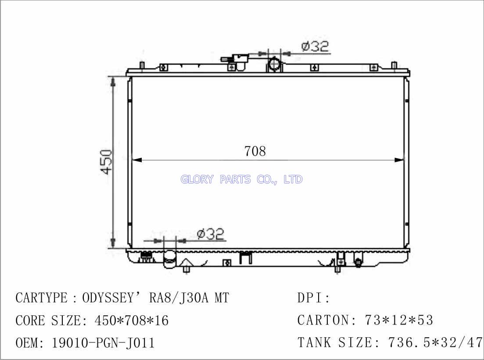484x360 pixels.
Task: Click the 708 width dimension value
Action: coord(255,151)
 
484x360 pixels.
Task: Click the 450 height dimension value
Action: coord(107,162)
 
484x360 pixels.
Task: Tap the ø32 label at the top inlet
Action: coord(315,46)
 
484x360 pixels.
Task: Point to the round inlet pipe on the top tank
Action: coord(274,64)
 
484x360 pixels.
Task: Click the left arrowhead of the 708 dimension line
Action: coord(137,160)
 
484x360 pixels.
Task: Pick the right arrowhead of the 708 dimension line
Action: coord(399,160)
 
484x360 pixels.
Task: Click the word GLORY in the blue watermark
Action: coord(197,179)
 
